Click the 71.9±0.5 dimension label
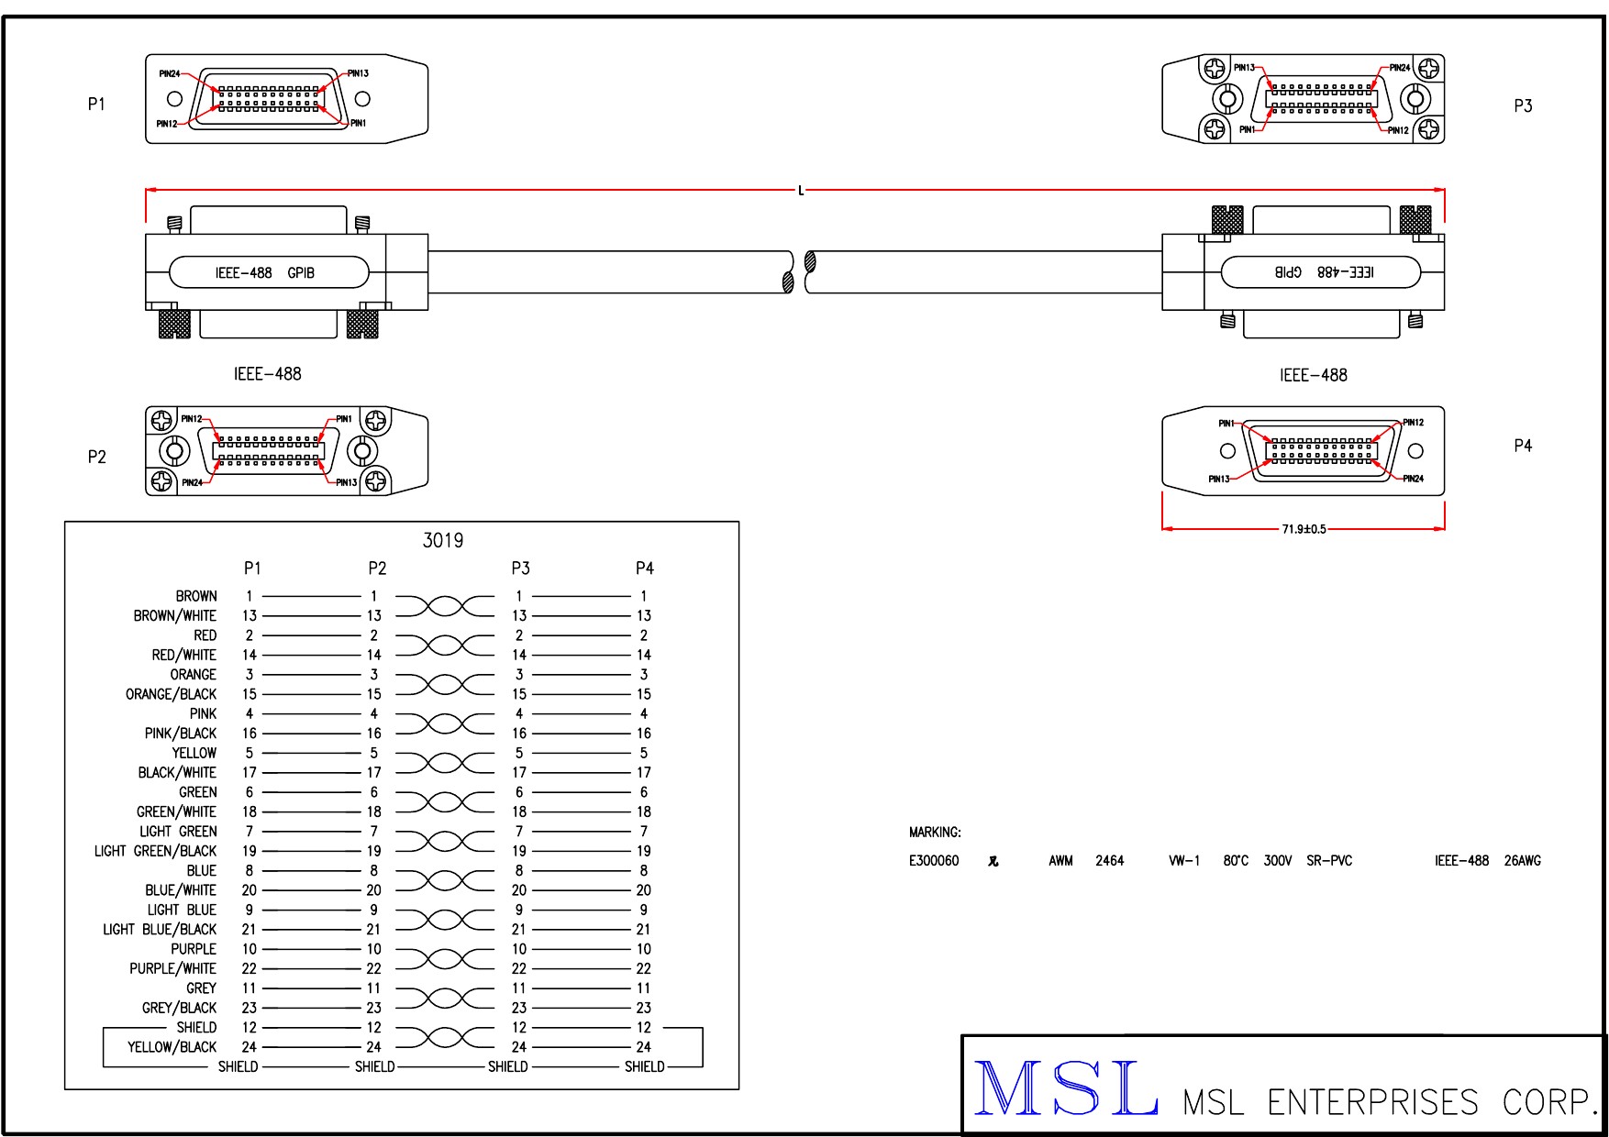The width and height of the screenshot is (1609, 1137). (x=1304, y=529)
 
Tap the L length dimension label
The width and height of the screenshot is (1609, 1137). (x=801, y=191)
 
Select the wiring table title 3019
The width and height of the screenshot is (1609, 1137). (x=443, y=541)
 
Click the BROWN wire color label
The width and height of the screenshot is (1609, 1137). (x=196, y=596)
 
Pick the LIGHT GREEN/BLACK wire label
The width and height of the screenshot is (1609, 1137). (x=155, y=851)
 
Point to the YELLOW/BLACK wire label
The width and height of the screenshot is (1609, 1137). (x=172, y=1047)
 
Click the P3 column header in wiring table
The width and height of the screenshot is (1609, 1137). (x=520, y=568)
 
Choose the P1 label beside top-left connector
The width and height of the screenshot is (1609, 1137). (x=96, y=105)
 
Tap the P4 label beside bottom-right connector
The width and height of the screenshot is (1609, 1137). (x=1523, y=446)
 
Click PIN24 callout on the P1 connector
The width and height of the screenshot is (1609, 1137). (x=170, y=73)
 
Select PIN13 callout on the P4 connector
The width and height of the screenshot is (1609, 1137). (x=1219, y=479)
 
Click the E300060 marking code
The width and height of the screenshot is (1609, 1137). (x=934, y=861)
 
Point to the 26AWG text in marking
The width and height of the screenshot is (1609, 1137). (x=1523, y=861)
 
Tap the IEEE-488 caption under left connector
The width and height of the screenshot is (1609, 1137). (x=267, y=374)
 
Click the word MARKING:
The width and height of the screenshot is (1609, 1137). (x=935, y=833)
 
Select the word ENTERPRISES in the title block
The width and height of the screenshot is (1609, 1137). (x=1372, y=1102)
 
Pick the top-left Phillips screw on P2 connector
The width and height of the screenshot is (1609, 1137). (x=162, y=421)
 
